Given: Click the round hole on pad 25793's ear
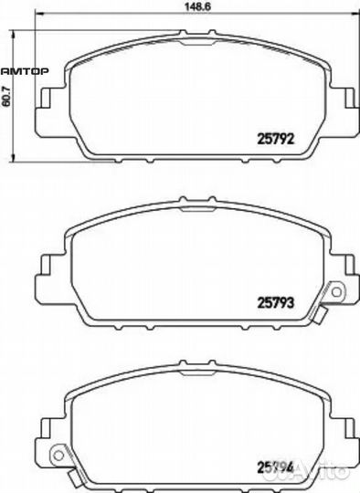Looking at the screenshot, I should (335, 293).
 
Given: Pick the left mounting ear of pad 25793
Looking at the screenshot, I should (42, 274).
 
